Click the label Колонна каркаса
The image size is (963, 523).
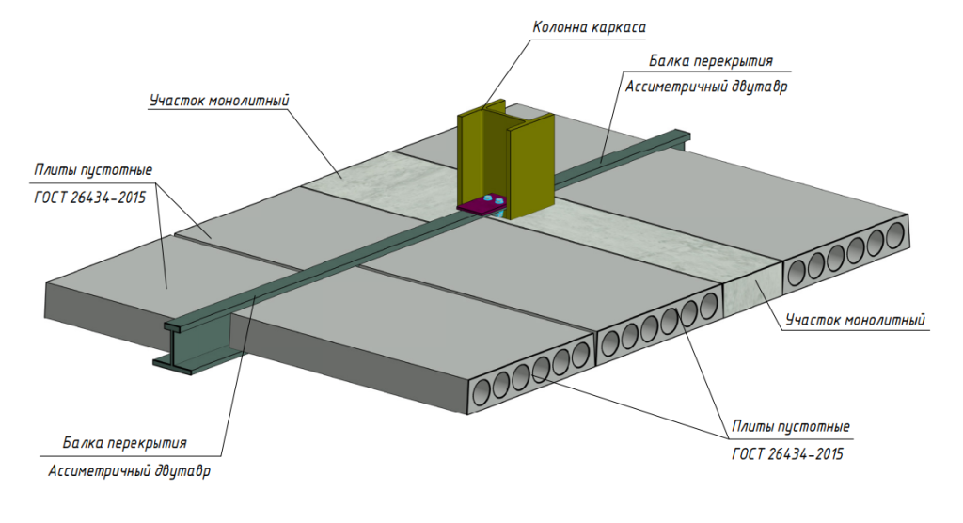point(589,27)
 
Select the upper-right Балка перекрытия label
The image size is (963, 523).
point(711,61)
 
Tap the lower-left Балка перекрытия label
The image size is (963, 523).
point(125,443)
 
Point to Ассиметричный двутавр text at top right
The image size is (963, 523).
point(705,87)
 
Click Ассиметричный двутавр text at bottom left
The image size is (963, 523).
point(129,471)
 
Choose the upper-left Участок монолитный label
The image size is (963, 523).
point(219,101)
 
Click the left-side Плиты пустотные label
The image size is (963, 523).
point(93,170)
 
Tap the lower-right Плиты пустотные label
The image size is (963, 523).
point(791,426)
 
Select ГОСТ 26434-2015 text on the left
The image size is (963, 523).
point(90,198)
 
